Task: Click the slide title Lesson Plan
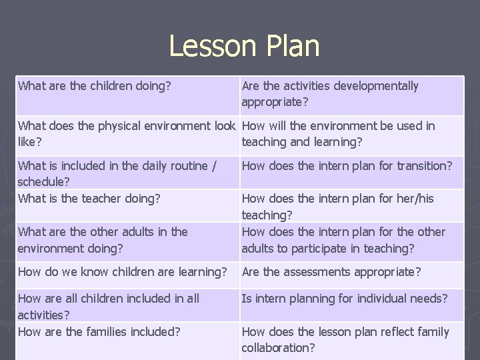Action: pyautogui.click(x=244, y=46)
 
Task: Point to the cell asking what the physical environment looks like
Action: pyautogui.click(x=127, y=133)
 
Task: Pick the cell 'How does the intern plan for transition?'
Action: pyautogui.click(x=347, y=165)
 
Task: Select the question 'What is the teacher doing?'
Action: pyautogui.click(x=89, y=198)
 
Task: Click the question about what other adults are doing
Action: pyautogui.click(x=103, y=240)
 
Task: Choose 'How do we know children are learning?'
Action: pyautogui.click(x=123, y=272)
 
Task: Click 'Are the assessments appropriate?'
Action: pyautogui.click(x=331, y=272)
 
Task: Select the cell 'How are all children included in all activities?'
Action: pyautogui.click(x=108, y=306)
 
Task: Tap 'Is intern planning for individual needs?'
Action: pyautogui.click(x=345, y=298)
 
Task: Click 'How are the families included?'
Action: pyautogui.click(x=99, y=331)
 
